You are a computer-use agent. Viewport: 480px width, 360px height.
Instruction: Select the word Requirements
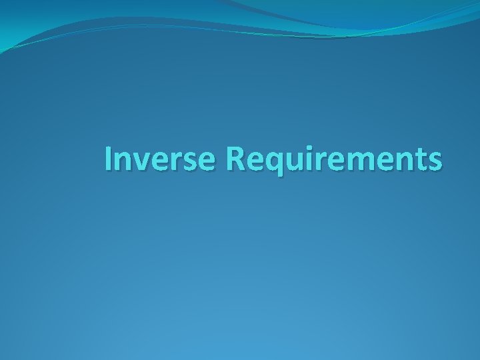(333, 160)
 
